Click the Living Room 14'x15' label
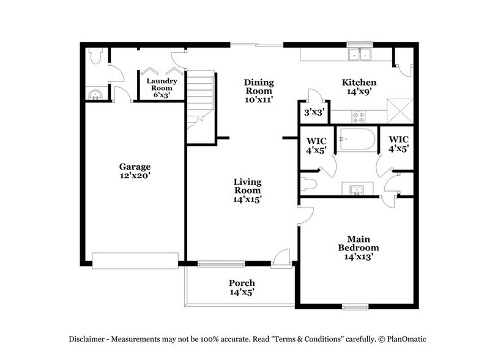pyautogui.click(x=248, y=190)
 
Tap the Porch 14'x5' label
pyautogui.click(x=242, y=287)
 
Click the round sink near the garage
pyautogui.click(x=94, y=94)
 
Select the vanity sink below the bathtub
pyautogui.click(x=357, y=189)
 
